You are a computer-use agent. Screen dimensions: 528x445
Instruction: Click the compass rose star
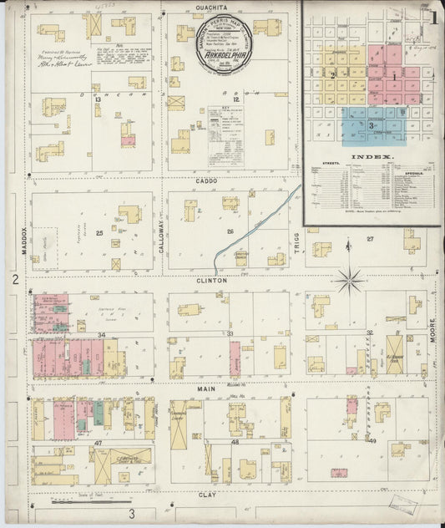point(349,281)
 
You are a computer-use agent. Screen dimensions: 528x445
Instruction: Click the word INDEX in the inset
point(372,156)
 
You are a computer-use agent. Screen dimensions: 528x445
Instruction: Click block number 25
point(99,231)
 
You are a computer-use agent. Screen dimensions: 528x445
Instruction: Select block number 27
point(370,239)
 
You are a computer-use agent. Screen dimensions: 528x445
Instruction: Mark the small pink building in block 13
point(127,140)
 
